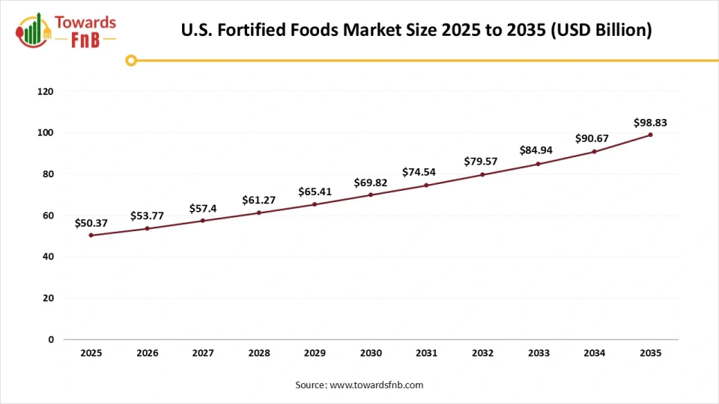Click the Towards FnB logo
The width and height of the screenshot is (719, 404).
click(66, 31)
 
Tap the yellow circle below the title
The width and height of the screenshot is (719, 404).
click(131, 61)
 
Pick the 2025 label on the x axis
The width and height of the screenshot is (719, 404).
click(91, 352)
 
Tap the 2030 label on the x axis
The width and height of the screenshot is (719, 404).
click(371, 352)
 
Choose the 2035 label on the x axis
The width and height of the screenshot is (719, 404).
click(650, 352)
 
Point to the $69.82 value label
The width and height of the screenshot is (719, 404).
click(370, 183)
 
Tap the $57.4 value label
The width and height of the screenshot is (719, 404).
click(202, 208)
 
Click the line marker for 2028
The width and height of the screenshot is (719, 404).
click(259, 212)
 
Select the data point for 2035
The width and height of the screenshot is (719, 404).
click(650, 135)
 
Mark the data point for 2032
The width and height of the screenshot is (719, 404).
click(482, 174)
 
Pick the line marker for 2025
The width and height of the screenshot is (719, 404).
click(91, 235)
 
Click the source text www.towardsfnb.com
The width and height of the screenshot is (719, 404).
click(377, 385)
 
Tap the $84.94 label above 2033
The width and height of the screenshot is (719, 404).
click(537, 151)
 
